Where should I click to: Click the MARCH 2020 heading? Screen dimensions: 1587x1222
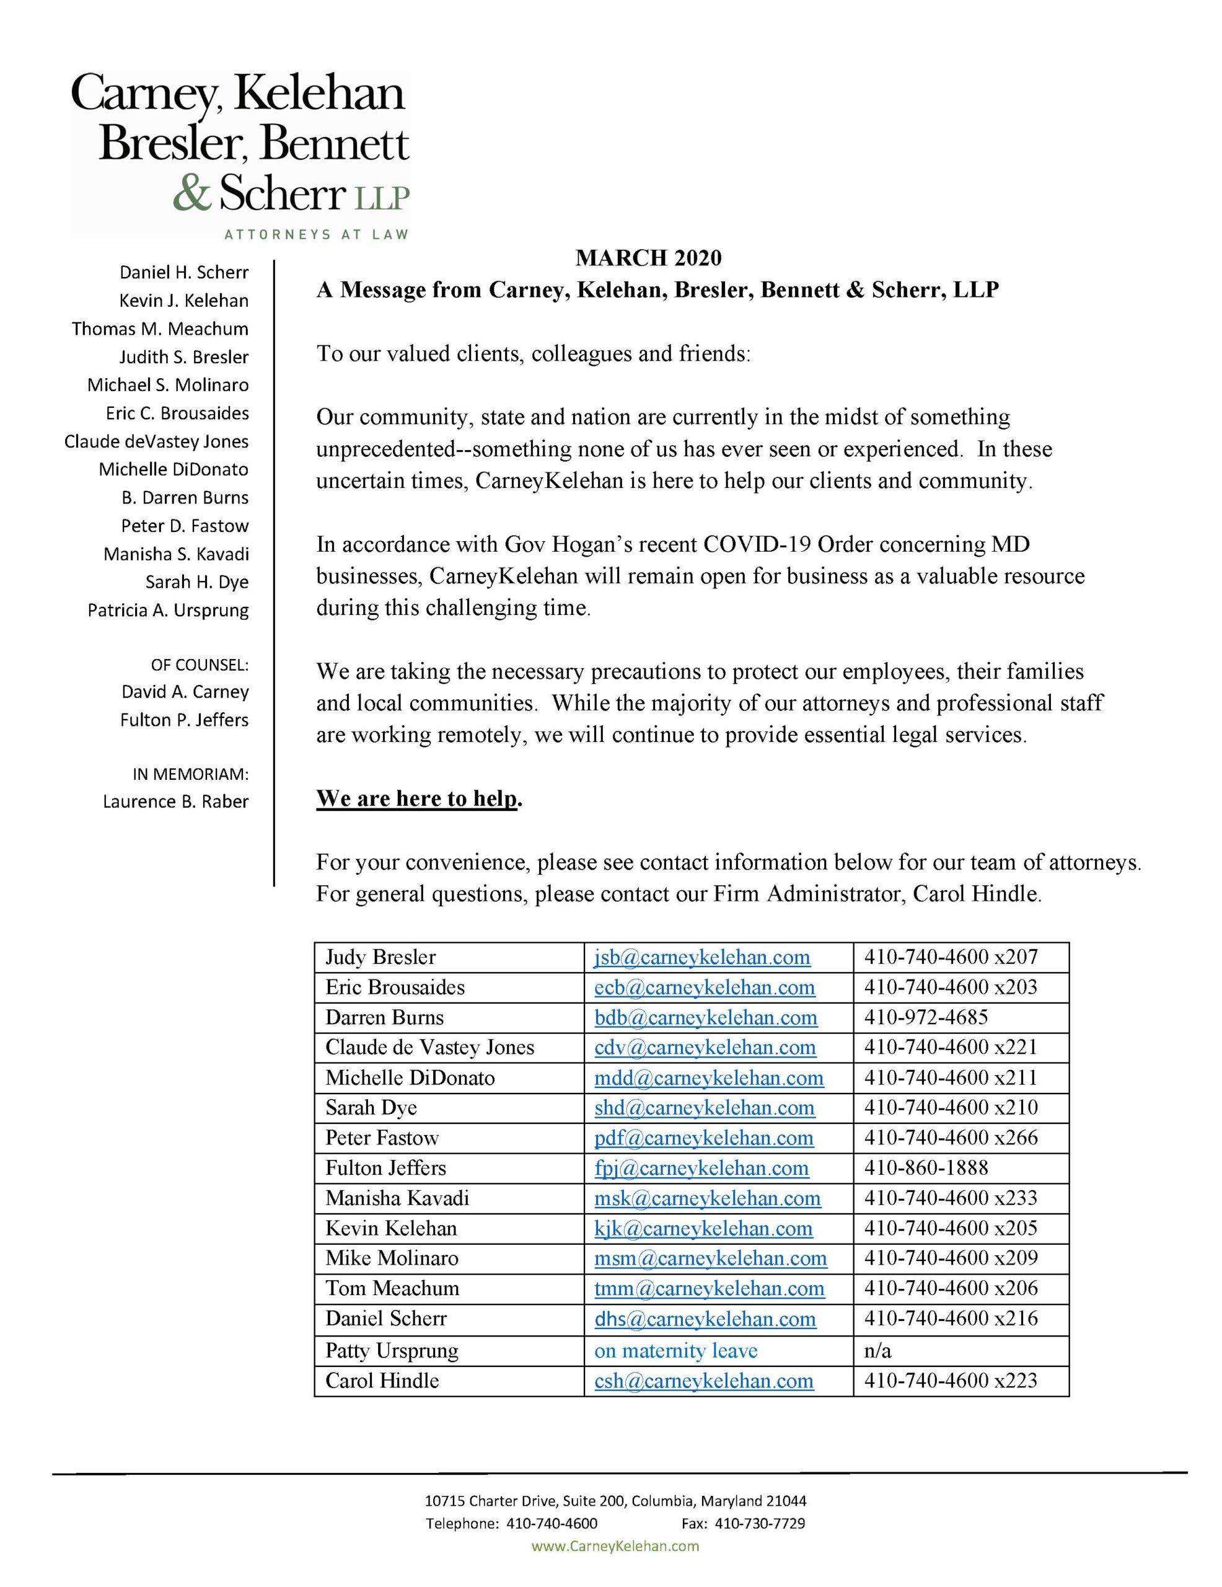point(648,258)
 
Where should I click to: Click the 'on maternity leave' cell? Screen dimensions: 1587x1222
point(675,1351)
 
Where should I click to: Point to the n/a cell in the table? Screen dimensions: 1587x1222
point(877,1351)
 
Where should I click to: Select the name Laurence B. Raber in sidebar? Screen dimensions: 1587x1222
point(175,802)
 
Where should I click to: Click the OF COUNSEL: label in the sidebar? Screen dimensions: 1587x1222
point(199,665)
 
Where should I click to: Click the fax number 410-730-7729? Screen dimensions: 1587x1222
point(759,1523)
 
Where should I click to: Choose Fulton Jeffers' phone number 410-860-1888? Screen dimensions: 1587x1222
point(926,1168)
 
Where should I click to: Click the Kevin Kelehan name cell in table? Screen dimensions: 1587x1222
point(391,1228)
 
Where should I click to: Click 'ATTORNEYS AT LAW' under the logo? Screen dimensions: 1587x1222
point(316,235)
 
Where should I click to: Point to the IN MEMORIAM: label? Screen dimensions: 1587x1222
point(190,775)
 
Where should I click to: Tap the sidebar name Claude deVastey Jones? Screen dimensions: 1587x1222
point(156,442)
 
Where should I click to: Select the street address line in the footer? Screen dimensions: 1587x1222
point(615,1501)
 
